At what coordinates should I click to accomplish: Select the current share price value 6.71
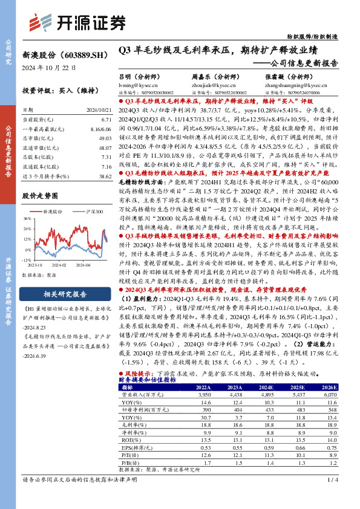(107, 120)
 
